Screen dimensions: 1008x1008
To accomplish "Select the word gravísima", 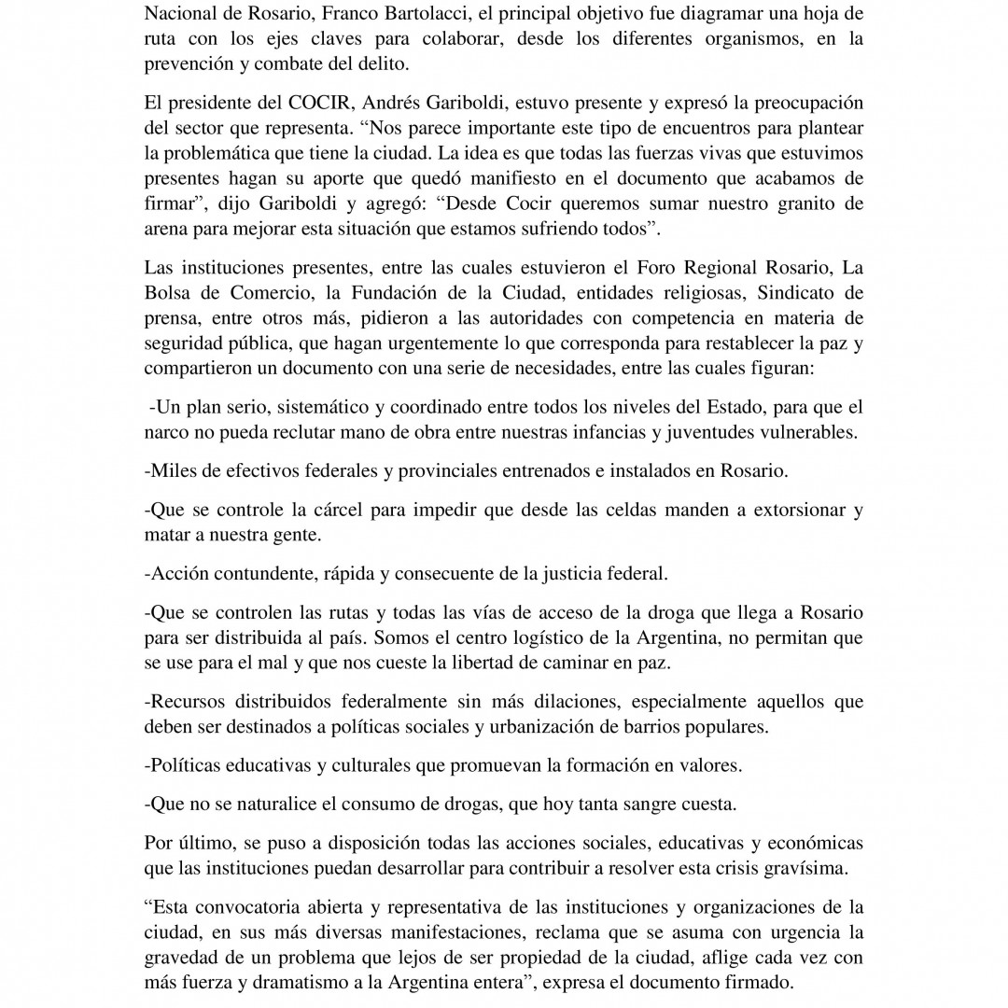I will tap(807, 867).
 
